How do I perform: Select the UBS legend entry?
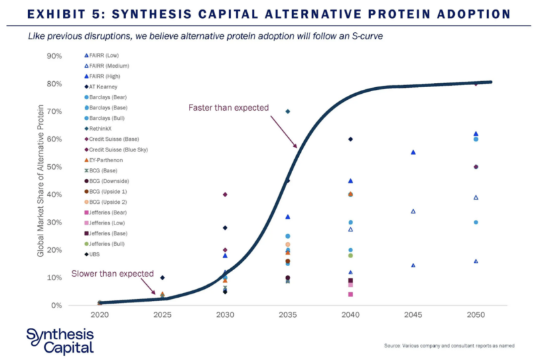point(96,255)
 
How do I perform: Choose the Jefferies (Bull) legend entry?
point(107,244)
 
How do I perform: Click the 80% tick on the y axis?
point(54,84)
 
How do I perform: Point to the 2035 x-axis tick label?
point(287,314)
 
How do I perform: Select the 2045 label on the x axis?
point(413,314)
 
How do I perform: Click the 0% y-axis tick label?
point(57,306)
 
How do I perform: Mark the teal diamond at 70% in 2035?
point(287,111)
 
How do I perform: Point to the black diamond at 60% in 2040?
point(350,139)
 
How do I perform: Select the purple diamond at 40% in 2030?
point(225,194)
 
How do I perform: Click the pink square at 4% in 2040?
point(350,294)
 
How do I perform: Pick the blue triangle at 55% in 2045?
point(413,153)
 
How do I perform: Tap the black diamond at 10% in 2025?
point(162,278)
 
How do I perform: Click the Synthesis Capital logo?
point(60,341)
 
